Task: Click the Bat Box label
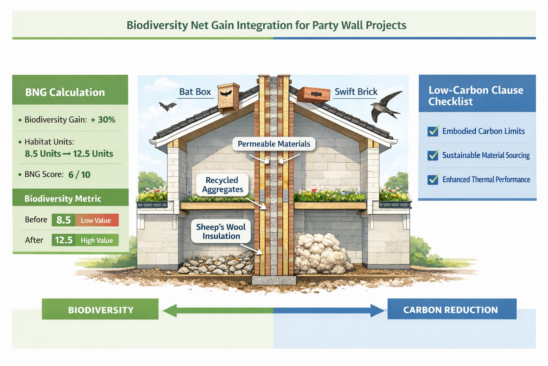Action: (x=195, y=92)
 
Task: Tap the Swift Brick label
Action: (x=356, y=92)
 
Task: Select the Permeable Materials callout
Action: (x=274, y=144)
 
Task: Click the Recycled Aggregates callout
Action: (x=222, y=185)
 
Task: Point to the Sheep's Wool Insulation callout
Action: (x=221, y=232)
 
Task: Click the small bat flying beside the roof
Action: (x=167, y=106)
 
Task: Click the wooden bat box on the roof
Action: (x=228, y=97)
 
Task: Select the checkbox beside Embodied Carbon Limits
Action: (x=433, y=131)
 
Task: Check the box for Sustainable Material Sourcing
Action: (x=433, y=155)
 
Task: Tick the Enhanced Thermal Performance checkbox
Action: (x=433, y=179)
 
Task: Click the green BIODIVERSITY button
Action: (x=100, y=310)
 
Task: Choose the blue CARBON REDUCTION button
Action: (x=451, y=310)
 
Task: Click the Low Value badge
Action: (x=96, y=221)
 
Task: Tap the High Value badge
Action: (x=97, y=241)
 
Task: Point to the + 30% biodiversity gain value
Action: (x=103, y=120)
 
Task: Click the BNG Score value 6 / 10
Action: (x=79, y=175)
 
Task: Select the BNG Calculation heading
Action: (x=65, y=92)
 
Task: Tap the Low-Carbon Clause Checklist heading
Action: (x=476, y=95)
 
